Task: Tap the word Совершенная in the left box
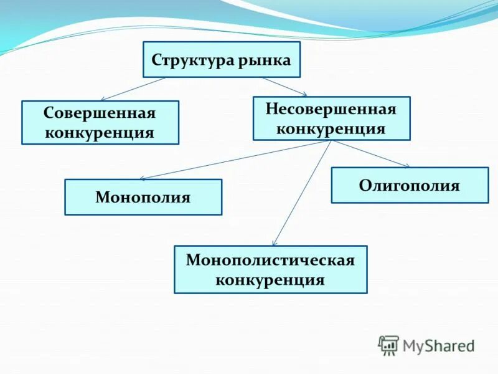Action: (x=100, y=114)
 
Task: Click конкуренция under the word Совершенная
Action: (x=100, y=132)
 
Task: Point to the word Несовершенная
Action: (x=331, y=109)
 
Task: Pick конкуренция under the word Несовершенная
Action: (x=331, y=128)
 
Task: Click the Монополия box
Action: (x=143, y=198)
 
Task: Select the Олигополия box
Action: (x=410, y=185)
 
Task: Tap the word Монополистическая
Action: (x=270, y=260)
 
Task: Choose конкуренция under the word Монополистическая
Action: (x=270, y=279)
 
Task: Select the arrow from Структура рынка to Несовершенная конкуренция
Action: (x=284, y=87)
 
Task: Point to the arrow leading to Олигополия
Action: (x=370, y=154)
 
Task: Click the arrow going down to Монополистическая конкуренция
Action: (x=301, y=193)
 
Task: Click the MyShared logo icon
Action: (x=388, y=345)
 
